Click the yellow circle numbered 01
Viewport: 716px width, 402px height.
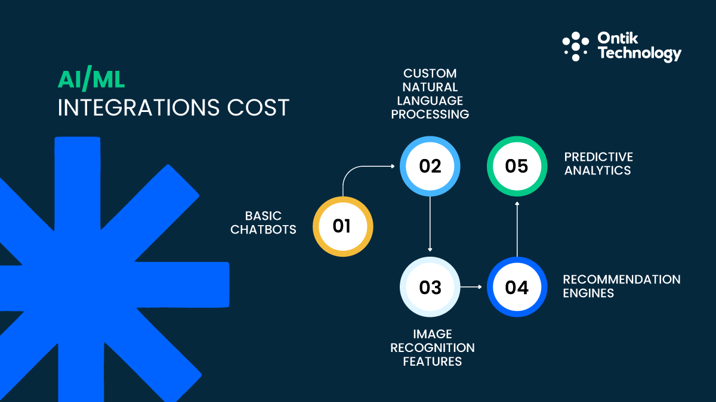(x=342, y=226)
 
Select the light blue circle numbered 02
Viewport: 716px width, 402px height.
(x=430, y=166)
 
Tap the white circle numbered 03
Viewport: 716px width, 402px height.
(x=430, y=287)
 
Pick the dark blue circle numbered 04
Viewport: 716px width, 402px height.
(x=517, y=287)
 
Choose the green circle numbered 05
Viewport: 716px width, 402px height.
(x=517, y=166)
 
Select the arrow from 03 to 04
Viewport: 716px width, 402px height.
(x=471, y=287)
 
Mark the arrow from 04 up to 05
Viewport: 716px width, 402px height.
(x=517, y=229)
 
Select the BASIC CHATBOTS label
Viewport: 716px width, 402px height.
(x=263, y=222)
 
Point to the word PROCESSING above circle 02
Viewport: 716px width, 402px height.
(x=430, y=114)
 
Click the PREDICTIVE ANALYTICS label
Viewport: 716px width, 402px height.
(x=598, y=164)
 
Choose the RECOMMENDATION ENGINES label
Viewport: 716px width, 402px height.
(x=621, y=286)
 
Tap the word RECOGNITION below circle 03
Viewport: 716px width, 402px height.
(x=433, y=347)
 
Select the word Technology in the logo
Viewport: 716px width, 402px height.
(x=639, y=54)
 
